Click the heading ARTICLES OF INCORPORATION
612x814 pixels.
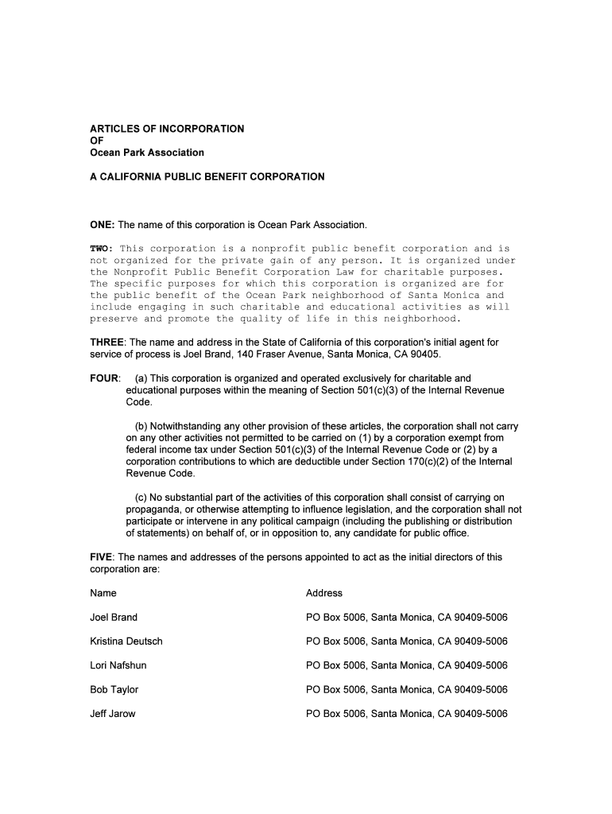(x=167, y=129)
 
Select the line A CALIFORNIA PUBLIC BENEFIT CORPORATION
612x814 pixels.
(x=207, y=176)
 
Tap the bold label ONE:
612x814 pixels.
(x=103, y=225)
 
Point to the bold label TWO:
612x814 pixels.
(x=102, y=249)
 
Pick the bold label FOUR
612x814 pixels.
(x=103, y=378)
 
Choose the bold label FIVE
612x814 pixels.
(x=101, y=557)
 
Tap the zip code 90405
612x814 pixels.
(x=423, y=355)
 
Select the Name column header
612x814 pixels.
(x=103, y=593)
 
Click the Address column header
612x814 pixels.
(x=324, y=593)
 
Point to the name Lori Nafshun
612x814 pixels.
(x=118, y=665)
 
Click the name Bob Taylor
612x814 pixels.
(x=114, y=689)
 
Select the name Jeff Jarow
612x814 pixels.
(x=113, y=714)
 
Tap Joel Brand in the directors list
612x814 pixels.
(x=114, y=618)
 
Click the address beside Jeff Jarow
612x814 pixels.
(x=406, y=714)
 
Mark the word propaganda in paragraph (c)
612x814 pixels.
(x=154, y=510)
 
